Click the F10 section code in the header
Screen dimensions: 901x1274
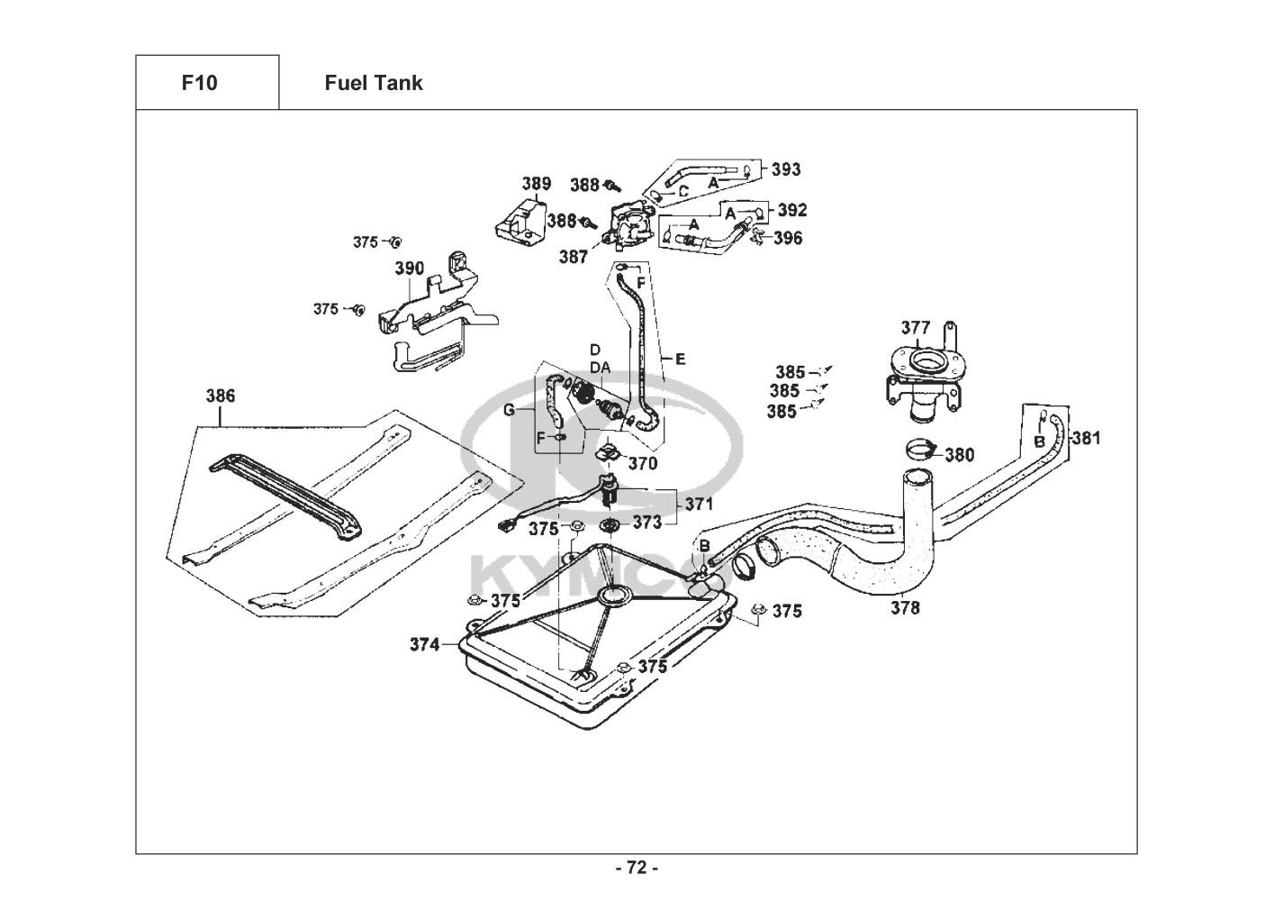point(199,84)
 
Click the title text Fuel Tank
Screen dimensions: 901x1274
point(373,84)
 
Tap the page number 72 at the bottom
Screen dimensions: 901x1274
point(637,869)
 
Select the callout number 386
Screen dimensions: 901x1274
point(221,396)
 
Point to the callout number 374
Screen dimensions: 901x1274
point(425,644)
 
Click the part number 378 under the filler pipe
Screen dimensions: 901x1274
point(906,608)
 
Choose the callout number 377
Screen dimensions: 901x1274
point(916,327)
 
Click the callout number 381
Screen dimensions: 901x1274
point(1087,439)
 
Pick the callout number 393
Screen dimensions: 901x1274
point(786,169)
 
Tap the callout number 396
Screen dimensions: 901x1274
point(788,239)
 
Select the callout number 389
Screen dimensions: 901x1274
point(537,185)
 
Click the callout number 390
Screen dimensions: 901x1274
point(410,268)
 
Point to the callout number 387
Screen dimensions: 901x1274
point(573,257)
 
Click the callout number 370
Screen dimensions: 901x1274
point(643,464)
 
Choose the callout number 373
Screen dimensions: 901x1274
point(646,522)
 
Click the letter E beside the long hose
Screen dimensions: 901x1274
point(680,359)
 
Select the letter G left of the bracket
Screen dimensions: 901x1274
point(510,410)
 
